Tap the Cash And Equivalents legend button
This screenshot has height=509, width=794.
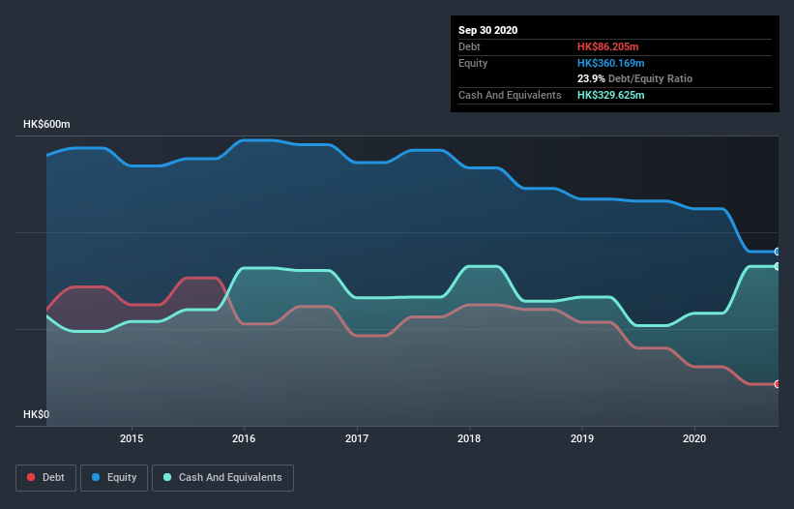[x=222, y=477]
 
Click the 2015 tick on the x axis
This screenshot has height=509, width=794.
[x=132, y=438]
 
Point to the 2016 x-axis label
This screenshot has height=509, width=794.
[x=244, y=438]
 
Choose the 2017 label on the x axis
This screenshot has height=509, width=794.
[x=357, y=438]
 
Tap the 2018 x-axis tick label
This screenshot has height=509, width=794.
[x=469, y=438]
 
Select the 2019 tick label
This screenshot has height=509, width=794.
[x=582, y=438]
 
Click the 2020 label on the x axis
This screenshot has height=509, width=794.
[x=694, y=438]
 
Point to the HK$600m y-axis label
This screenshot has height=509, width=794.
[x=47, y=125]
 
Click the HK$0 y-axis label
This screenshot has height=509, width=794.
[x=36, y=414]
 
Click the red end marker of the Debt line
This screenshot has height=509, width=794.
[x=777, y=384]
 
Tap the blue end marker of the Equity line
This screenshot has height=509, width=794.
[x=777, y=252]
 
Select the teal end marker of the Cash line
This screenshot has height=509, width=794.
[x=777, y=266]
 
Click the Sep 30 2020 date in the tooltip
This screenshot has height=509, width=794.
[x=488, y=30]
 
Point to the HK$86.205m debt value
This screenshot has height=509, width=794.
[x=610, y=46]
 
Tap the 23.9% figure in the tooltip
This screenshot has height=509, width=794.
[x=592, y=78]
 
